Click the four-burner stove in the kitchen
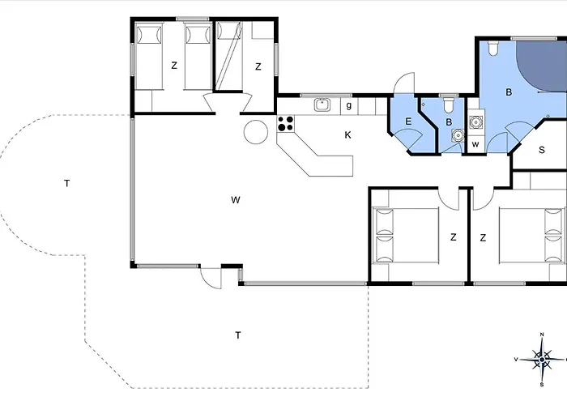click(x=286, y=124)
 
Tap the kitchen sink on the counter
click(x=322, y=105)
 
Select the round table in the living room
click(x=256, y=132)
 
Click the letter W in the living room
click(x=236, y=200)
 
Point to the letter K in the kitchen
click(x=347, y=135)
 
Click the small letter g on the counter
click(x=348, y=105)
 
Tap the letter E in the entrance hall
click(x=408, y=122)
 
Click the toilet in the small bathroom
click(x=449, y=104)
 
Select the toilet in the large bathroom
click(x=492, y=48)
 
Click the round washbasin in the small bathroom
click(x=458, y=135)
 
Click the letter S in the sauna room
click(x=542, y=150)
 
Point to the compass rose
click(x=541, y=360)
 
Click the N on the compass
click(x=542, y=335)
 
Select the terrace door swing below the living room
click(x=211, y=278)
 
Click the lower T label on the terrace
click(x=238, y=335)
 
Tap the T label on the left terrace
click(x=67, y=184)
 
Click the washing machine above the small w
click(x=476, y=122)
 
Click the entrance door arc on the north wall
click(x=404, y=83)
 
